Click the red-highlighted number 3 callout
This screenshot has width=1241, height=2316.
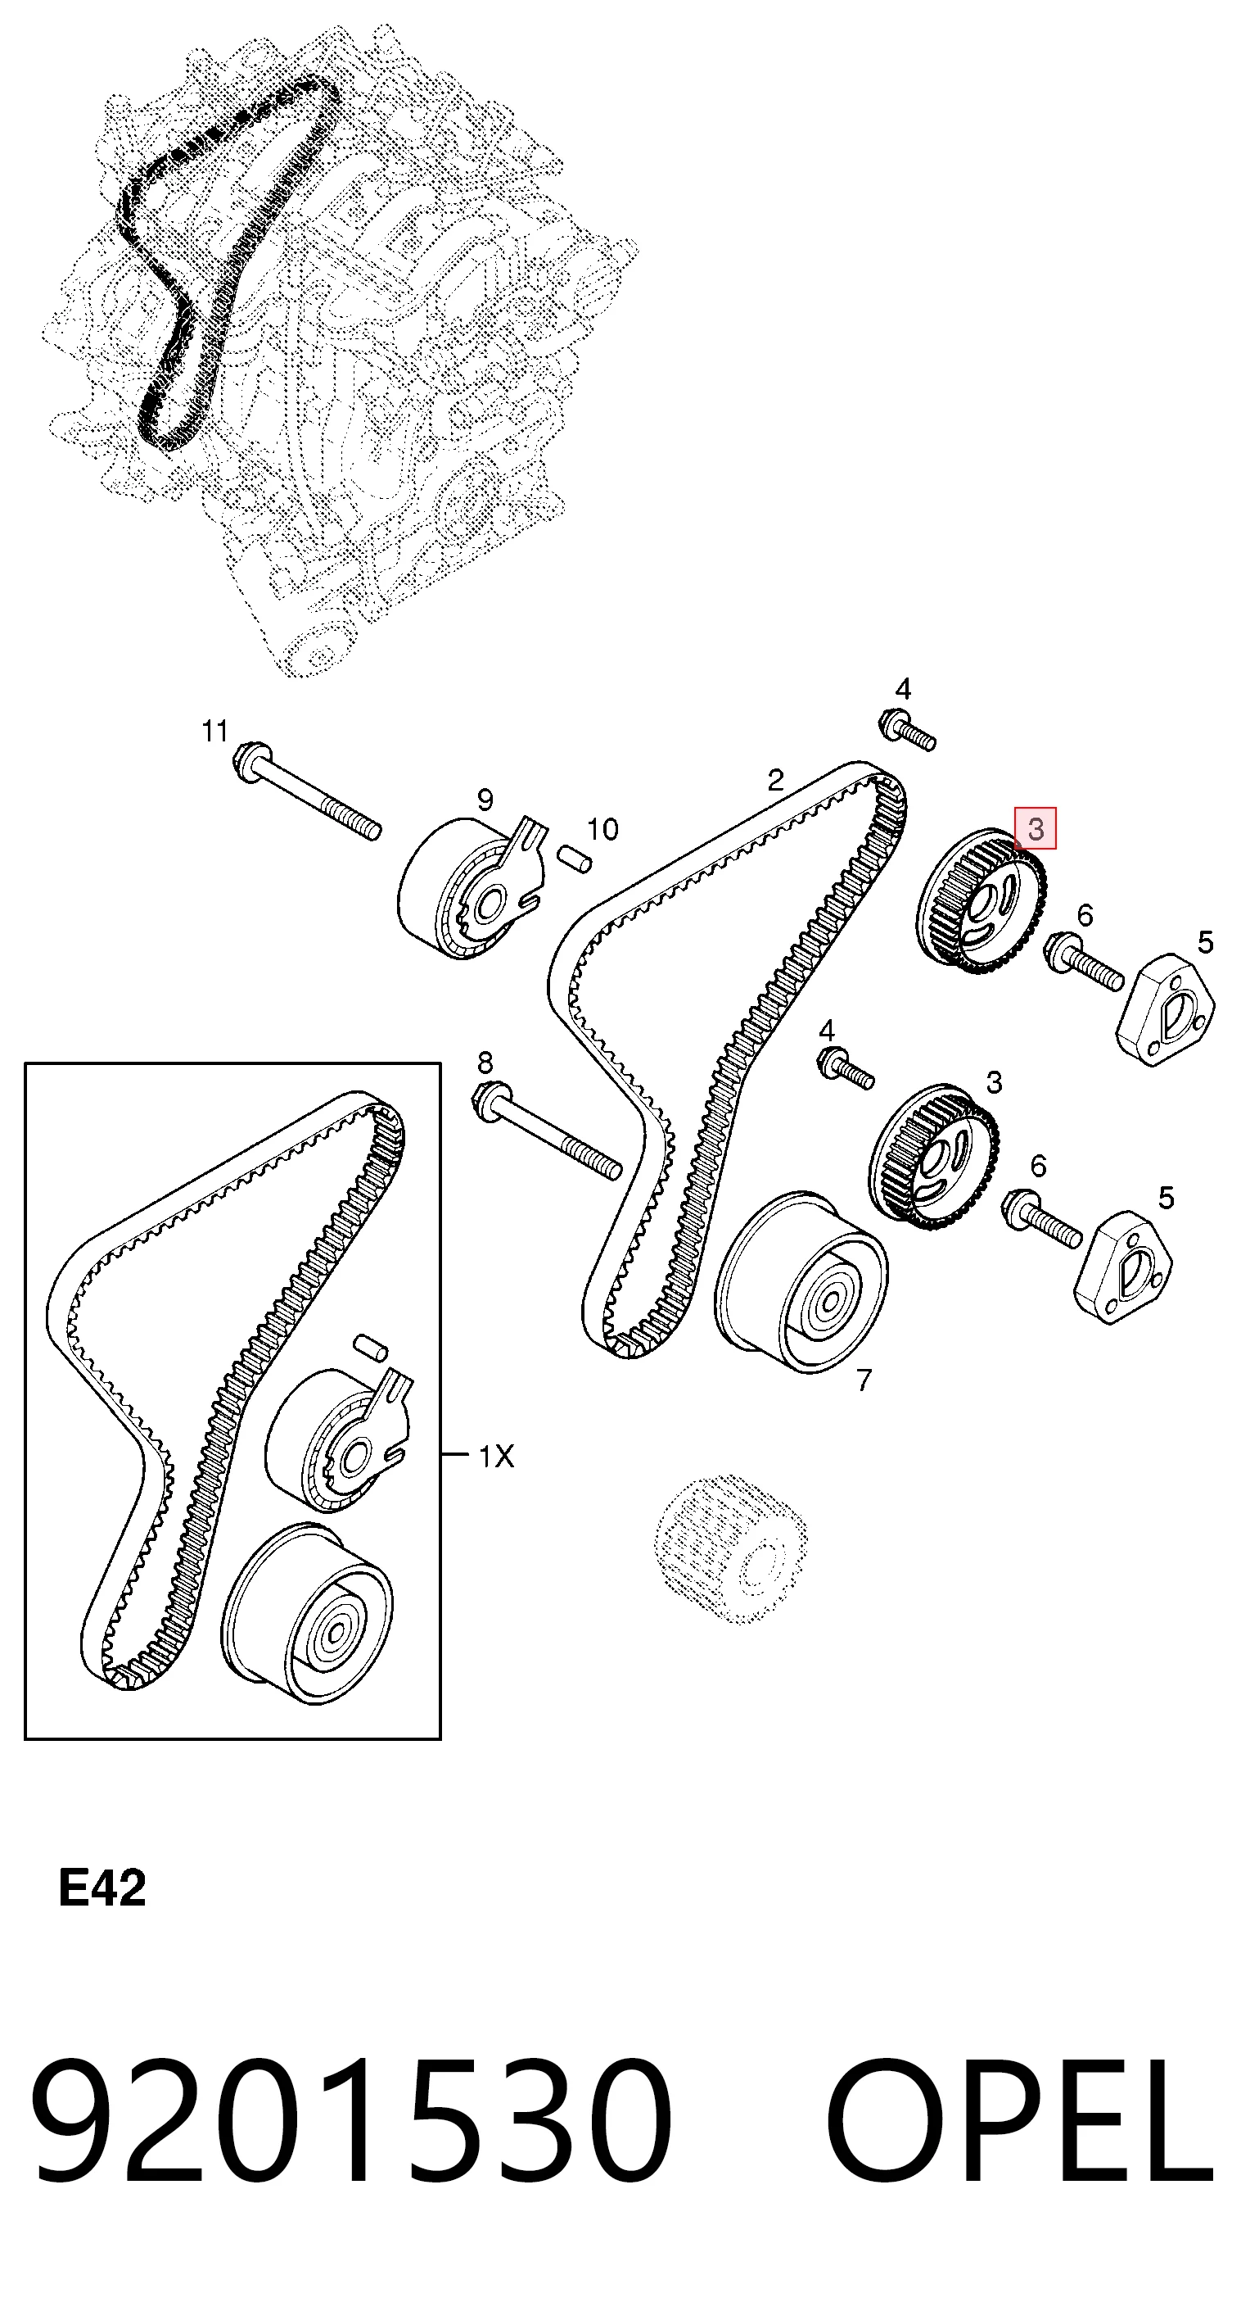[x=1036, y=828]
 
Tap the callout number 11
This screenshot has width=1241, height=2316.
[x=214, y=732]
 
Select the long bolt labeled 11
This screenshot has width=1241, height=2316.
[x=306, y=791]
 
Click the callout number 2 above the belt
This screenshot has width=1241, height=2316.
[x=775, y=779]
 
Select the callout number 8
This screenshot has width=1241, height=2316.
[x=485, y=1063]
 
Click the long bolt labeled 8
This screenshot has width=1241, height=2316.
[x=546, y=1131]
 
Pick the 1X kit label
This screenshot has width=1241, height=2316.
[x=496, y=1456]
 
